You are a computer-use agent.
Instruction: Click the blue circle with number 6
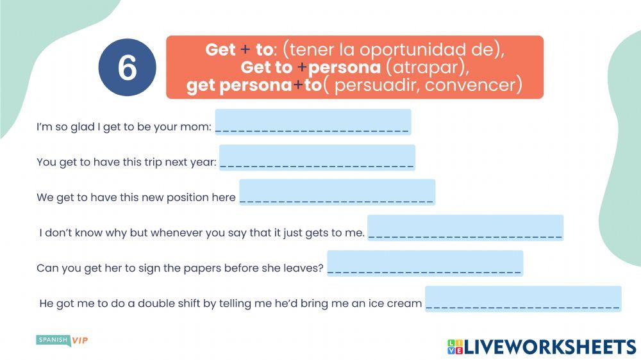pos(127,67)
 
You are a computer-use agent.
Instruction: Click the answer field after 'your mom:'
pos(313,122)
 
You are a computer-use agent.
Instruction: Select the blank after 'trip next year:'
pos(317,158)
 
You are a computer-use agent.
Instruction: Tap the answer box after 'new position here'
pos(337,192)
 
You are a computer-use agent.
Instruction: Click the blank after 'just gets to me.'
pos(465,228)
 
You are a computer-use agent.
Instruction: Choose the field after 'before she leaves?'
pos(425,263)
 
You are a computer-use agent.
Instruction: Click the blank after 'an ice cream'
pos(523,299)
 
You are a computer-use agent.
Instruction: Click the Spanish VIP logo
pos(62,340)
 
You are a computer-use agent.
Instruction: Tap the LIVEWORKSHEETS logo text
pos(550,347)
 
